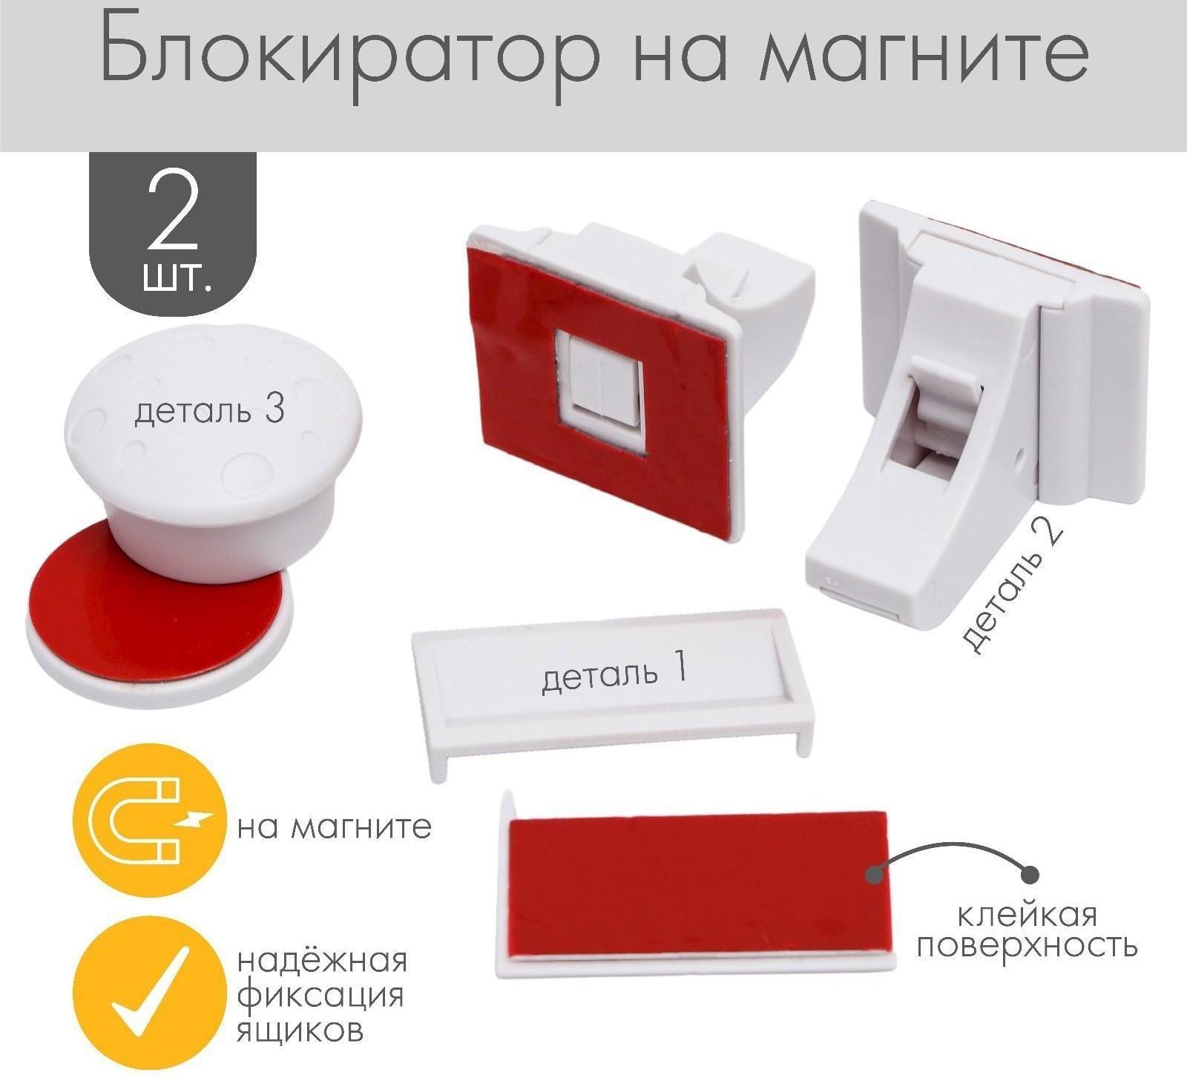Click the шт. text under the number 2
click(x=174, y=280)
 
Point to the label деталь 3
click(x=209, y=411)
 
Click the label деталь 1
click(x=614, y=674)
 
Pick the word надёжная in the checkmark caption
click(x=323, y=961)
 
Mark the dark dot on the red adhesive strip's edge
click(x=875, y=875)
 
